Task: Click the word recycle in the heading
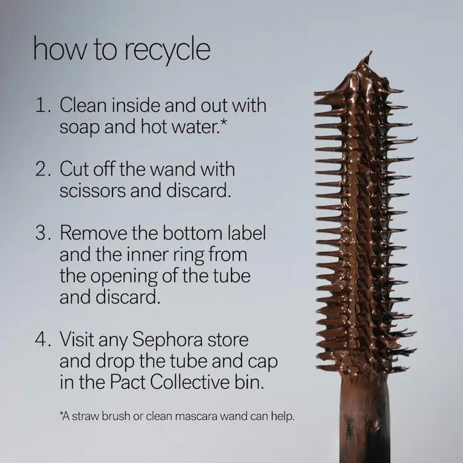coord(167,50)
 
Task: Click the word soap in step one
coord(79,128)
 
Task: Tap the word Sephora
coord(167,340)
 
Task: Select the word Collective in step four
coord(189,382)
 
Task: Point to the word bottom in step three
coord(192,233)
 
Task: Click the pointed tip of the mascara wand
coord(370,52)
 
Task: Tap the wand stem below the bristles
coord(365,419)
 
